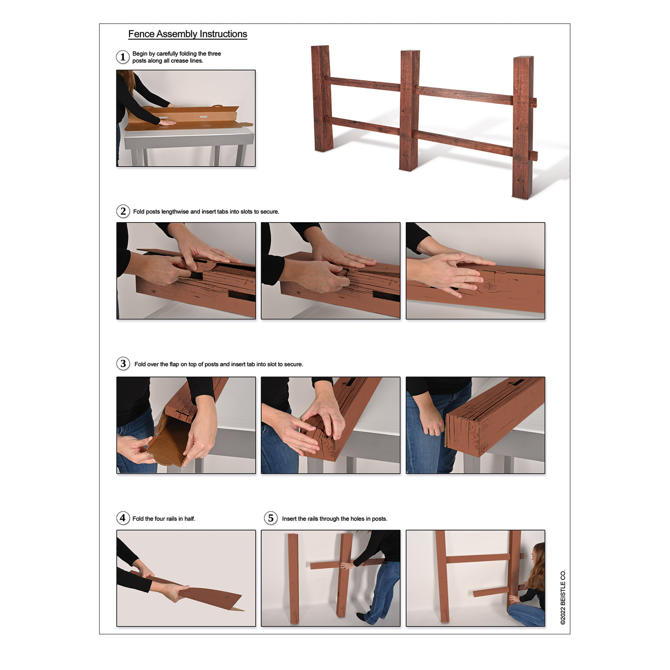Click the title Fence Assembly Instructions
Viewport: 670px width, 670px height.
point(188,34)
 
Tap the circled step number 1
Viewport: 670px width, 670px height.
point(123,57)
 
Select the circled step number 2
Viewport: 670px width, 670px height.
point(123,211)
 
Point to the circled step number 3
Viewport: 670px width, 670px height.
point(123,364)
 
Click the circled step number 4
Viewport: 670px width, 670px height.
point(123,518)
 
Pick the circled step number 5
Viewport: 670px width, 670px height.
point(271,518)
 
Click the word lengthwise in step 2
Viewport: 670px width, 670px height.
point(175,212)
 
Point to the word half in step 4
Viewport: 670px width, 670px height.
point(190,519)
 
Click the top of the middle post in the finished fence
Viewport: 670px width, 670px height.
point(410,52)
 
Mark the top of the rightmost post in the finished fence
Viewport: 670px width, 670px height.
point(524,57)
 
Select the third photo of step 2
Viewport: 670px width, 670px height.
point(475,271)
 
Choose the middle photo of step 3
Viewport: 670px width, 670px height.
point(331,425)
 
